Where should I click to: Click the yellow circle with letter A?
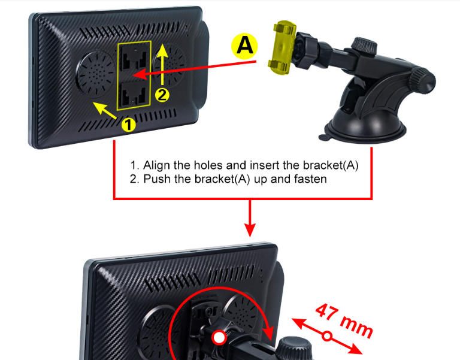click(x=244, y=46)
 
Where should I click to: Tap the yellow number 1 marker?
click(x=129, y=125)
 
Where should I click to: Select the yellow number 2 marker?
click(x=162, y=95)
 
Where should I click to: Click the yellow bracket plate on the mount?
click(x=282, y=47)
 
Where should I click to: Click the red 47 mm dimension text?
click(x=344, y=320)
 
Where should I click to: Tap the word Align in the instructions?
click(x=156, y=165)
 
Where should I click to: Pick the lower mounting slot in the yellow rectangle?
click(x=134, y=93)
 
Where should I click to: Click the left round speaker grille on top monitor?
click(x=95, y=74)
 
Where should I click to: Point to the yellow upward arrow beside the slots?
click(x=162, y=65)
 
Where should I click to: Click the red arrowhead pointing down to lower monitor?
click(x=250, y=230)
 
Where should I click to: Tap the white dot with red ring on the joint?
click(x=219, y=338)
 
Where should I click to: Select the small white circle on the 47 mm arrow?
click(x=327, y=335)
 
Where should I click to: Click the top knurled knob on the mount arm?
click(x=364, y=46)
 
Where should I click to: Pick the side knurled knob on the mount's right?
click(x=422, y=80)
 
